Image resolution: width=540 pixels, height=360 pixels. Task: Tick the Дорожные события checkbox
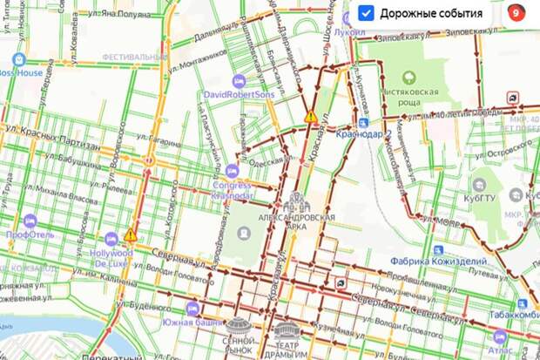click(x=367, y=13)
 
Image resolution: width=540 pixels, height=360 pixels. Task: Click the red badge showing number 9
click(x=516, y=13)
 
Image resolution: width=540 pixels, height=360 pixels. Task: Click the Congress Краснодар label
click(x=231, y=189)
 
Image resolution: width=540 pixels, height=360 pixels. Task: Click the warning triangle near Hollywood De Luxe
click(x=131, y=234)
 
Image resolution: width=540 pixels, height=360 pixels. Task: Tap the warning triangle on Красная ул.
click(x=310, y=117)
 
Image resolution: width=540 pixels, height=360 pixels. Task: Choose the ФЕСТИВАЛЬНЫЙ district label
click(x=135, y=57)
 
